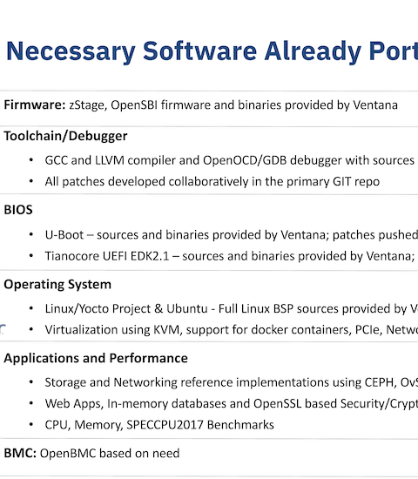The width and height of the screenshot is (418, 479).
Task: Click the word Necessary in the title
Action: coord(71,51)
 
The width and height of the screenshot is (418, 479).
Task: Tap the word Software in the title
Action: coord(199,51)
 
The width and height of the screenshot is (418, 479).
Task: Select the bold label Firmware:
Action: coord(35,105)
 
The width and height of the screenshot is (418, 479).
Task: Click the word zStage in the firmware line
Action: coord(88,105)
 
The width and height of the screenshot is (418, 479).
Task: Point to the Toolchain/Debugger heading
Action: coord(65,136)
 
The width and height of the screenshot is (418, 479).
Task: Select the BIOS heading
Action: coord(18,210)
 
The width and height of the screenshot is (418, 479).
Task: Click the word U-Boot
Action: coord(64,235)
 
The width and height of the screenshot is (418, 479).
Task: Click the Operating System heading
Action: coord(57,285)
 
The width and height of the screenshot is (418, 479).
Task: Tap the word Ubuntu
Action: coord(187,309)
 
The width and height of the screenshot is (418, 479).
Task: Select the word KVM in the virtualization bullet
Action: coord(168,330)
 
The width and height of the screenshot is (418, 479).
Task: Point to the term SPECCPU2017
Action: coord(165,425)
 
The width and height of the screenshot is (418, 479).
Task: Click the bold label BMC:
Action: coord(20,454)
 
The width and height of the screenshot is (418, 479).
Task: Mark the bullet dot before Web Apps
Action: coord(30,403)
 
